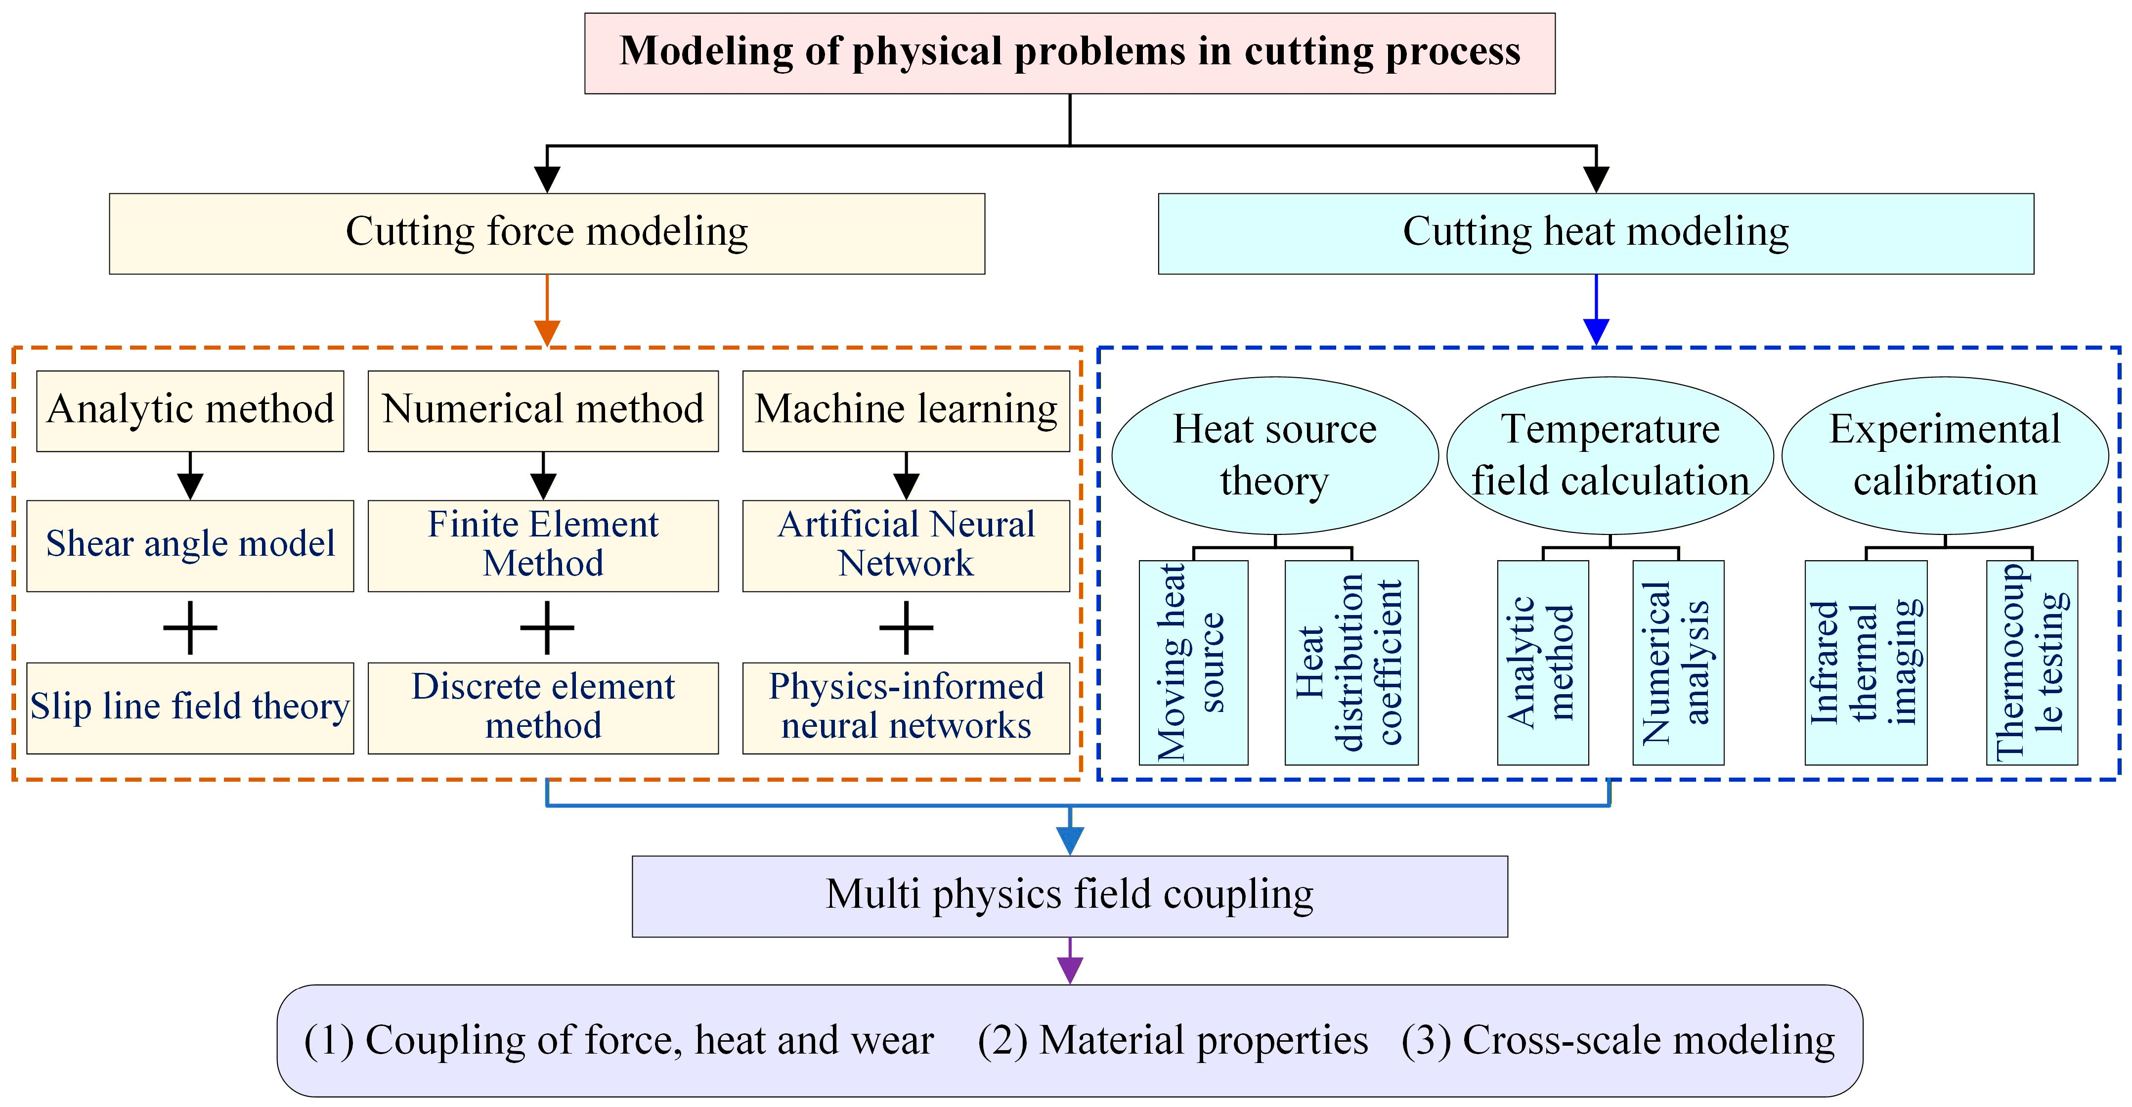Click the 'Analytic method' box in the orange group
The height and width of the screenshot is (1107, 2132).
(190, 411)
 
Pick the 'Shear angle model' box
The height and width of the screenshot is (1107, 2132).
(190, 545)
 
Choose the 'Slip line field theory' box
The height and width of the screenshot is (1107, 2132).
(190, 707)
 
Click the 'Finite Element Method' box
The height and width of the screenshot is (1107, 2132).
(543, 545)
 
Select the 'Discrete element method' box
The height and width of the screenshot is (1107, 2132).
(543, 707)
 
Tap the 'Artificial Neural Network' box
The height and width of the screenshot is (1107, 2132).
(906, 545)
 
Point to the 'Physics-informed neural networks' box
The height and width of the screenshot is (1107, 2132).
(906, 707)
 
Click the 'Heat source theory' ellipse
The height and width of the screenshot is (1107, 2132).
(1274, 455)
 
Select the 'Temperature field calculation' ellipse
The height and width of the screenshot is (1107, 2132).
(1610, 455)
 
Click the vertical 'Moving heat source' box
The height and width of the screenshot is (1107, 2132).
(1193, 663)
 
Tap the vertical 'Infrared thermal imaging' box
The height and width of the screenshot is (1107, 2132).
(1866, 663)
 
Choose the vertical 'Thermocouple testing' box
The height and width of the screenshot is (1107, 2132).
(2032, 663)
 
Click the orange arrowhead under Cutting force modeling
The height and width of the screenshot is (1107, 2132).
(547, 332)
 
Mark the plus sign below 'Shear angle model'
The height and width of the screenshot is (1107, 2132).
(190, 627)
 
